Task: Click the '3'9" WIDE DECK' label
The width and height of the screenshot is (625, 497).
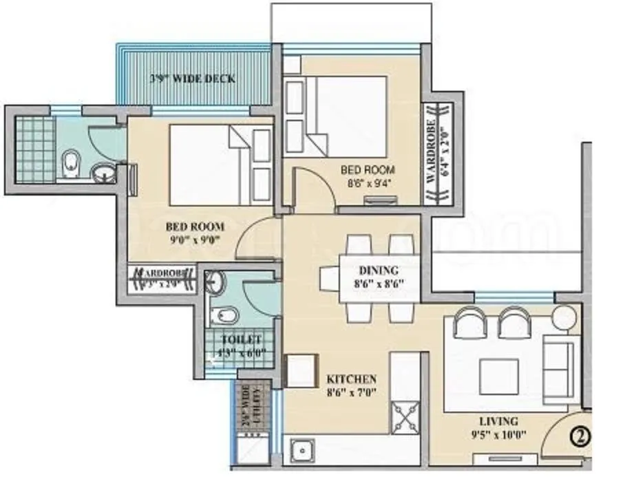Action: coord(192,78)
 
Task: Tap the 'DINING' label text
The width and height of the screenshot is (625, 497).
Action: coord(379,271)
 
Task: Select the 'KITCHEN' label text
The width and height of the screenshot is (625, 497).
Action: coord(351,379)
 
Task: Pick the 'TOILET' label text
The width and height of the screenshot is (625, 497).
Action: coord(241,340)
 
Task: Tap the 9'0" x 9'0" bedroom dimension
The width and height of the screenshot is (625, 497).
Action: coord(194,241)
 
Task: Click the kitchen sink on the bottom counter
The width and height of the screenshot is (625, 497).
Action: coord(301,453)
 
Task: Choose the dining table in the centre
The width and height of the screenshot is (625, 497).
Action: coord(379,279)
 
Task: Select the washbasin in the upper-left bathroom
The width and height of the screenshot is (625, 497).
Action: coord(104,172)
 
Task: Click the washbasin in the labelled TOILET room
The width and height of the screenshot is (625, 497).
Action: coord(217,282)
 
